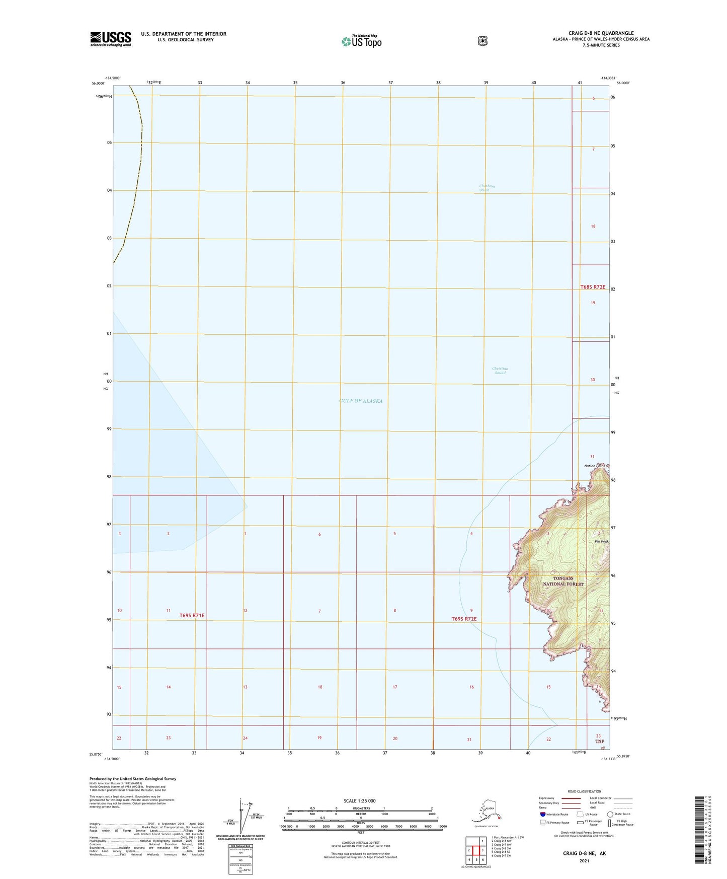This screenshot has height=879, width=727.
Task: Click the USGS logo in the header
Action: pyautogui.click(x=111, y=39)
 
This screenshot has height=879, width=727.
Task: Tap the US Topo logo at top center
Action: pyautogui.click(x=361, y=41)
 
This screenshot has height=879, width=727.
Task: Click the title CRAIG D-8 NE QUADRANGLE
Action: pyautogui.click(x=601, y=33)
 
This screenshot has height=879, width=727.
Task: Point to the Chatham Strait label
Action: pyautogui.click(x=487, y=188)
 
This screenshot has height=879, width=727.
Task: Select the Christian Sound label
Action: pyautogui.click(x=500, y=371)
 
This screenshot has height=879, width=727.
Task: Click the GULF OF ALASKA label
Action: pyautogui.click(x=361, y=401)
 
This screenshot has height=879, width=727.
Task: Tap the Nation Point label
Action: pyautogui.click(x=594, y=466)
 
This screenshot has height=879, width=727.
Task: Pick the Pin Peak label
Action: pyautogui.click(x=602, y=541)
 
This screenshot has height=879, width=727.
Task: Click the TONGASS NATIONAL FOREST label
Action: pyautogui.click(x=563, y=581)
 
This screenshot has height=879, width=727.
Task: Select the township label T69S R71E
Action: pyautogui.click(x=192, y=615)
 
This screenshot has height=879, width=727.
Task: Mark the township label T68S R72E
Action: pyautogui.click(x=593, y=287)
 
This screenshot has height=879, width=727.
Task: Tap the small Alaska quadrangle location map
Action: pyautogui.click(x=486, y=813)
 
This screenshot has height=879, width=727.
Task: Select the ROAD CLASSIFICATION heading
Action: pyautogui.click(x=584, y=791)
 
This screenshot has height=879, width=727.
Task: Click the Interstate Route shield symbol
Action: pyautogui.click(x=542, y=814)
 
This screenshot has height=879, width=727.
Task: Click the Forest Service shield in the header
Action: pyautogui.click(x=482, y=41)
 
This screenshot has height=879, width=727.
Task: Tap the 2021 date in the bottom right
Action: pyautogui.click(x=584, y=861)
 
